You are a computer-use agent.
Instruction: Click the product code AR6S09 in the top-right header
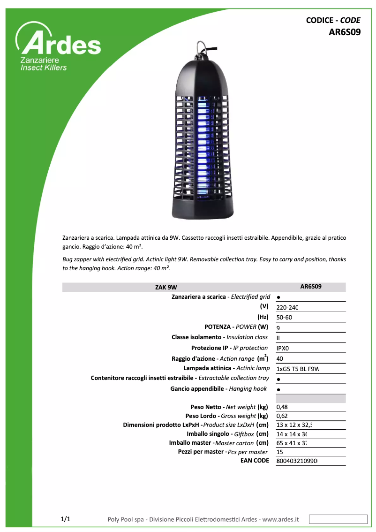point(344,32)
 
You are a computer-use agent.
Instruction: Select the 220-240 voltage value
point(287,308)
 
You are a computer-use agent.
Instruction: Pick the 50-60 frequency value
point(284,318)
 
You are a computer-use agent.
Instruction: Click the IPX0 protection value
point(283,349)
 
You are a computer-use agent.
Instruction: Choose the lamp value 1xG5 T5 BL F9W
point(298,369)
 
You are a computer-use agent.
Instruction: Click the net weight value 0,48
point(282,407)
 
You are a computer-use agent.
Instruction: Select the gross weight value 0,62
point(282,416)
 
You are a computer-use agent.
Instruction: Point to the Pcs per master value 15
point(280,452)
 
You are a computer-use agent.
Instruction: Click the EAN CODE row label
point(255,461)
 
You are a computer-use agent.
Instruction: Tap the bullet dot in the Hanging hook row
point(278,390)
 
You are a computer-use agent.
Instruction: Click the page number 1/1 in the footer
point(66,519)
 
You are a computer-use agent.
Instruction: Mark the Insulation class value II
point(278,338)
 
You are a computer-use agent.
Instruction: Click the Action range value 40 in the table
point(280,359)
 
